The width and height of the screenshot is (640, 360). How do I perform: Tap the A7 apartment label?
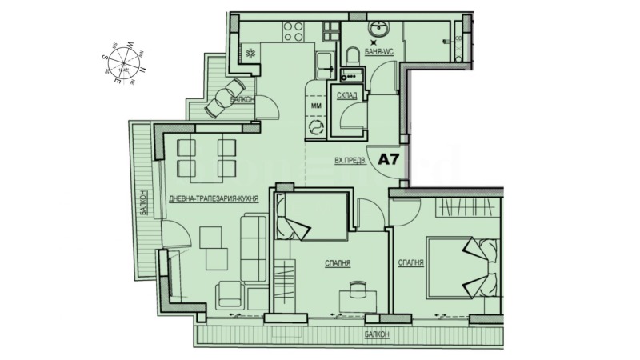coord(389,158)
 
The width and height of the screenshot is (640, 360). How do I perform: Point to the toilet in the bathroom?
coord(351,58)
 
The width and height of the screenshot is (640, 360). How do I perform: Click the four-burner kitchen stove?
coord(293,32)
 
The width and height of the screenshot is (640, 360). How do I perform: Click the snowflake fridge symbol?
coord(250,54)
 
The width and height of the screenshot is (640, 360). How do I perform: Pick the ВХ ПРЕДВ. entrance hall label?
coord(350,160)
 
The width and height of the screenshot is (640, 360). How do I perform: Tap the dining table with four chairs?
coord(206,158)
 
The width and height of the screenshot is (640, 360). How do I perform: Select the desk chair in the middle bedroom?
coord(357,289)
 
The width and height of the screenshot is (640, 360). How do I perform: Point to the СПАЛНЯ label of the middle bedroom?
coord(338,262)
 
